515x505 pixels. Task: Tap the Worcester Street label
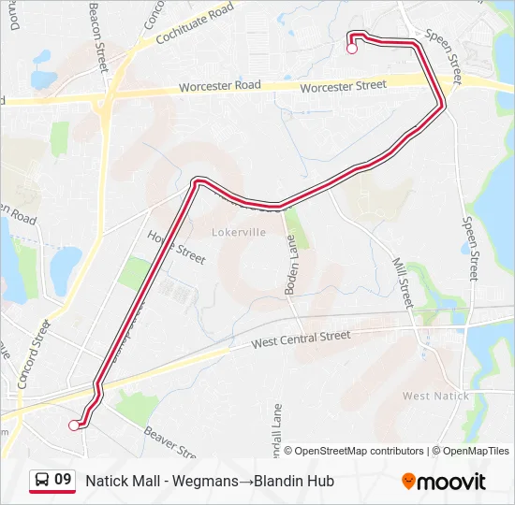[344, 86]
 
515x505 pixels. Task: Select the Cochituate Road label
[195, 25]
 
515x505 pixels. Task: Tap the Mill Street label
[402, 283]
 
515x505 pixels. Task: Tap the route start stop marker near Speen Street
[352, 50]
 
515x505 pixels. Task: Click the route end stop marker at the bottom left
[74, 426]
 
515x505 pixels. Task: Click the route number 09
[63, 480]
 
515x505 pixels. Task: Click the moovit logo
[444, 482]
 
